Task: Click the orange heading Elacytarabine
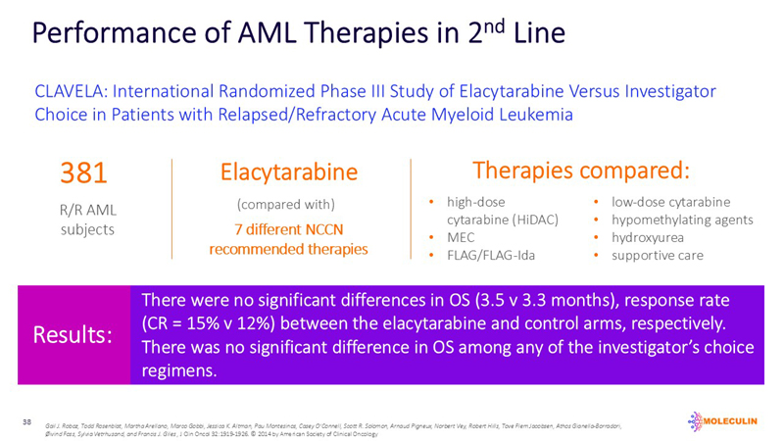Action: pos(288,173)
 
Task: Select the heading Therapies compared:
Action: pos(581,170)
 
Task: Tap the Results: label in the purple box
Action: pos(73,335)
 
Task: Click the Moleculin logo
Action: pos(727,418)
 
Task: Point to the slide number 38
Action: pos(27,420)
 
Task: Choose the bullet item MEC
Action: pos(463,238)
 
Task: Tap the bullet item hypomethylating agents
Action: pos(682,220)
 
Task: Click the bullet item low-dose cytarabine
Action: pos(670,203)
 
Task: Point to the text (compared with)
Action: pos(287,205)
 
